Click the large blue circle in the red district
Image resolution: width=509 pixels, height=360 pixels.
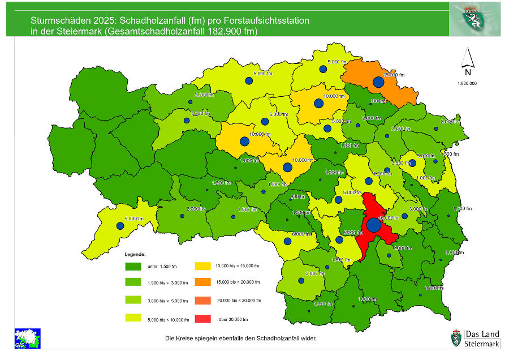pyautogui.click(x=373, y=225)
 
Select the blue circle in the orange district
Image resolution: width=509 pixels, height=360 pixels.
pyautogui.click(x=378, y=82)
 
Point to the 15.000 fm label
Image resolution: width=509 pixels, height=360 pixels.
pyautogui.click(x=394, y=75)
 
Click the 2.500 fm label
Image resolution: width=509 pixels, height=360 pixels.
pyautogui.click(x=204, y=95)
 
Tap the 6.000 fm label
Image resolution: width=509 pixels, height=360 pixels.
pyautogui.click(x=302, y=234)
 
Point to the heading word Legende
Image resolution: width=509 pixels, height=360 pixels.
pyautogui.click(x=135, y=254)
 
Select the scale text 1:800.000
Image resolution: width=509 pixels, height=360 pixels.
pyautogui.click(x=467, y=83)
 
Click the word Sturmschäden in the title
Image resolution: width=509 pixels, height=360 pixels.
pyautogui.click(x=58, y=20)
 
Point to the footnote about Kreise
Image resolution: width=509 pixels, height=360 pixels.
pyautogui.click(x=240, y=338)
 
